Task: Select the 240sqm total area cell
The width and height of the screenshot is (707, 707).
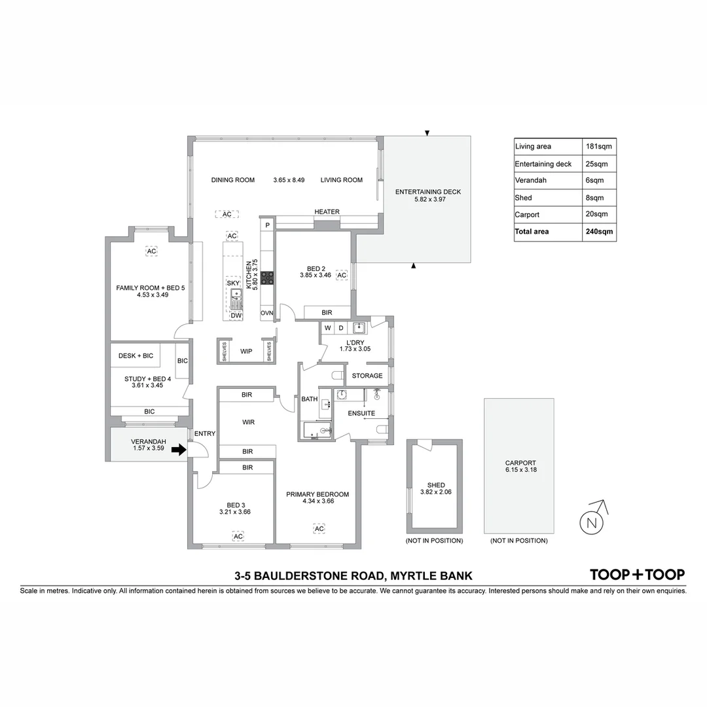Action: coord(599,232)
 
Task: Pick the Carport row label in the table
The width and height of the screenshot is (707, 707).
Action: coord(528,215)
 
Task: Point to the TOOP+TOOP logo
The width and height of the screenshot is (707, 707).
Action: coord(637,575)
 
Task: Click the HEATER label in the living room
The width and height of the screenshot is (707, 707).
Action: coord(327,211)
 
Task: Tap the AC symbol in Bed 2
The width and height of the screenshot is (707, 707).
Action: coord(341,276)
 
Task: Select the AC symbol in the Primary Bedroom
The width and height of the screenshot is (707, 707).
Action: coord(319,528)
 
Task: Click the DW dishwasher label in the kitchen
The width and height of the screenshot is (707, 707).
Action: coord(236,316)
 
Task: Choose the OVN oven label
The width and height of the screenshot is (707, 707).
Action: coord(266,314)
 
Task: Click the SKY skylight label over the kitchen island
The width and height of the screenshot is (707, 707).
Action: coord(233,283)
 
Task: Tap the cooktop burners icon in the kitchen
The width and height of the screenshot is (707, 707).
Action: coord(267,278)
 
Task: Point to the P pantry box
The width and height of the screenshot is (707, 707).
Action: coord(267,225)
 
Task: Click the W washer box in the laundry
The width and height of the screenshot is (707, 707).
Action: coord(327,327)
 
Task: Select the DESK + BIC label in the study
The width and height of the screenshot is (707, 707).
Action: coord(136,355)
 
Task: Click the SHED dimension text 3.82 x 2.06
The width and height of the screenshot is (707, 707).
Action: coord(436,492)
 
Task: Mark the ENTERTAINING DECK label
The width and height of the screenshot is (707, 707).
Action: coord(428,192)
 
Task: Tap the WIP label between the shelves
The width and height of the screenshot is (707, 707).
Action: coord(246,352)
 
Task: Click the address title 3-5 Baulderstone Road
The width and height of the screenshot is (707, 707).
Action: coord(353,576)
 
